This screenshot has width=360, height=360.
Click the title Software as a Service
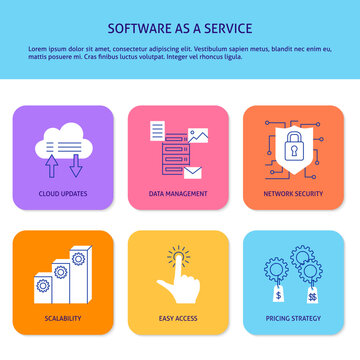179,27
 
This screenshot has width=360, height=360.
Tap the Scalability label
62,318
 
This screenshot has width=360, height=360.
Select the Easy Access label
178,318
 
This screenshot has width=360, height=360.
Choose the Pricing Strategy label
295,318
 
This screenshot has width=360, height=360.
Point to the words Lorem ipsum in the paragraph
44,47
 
